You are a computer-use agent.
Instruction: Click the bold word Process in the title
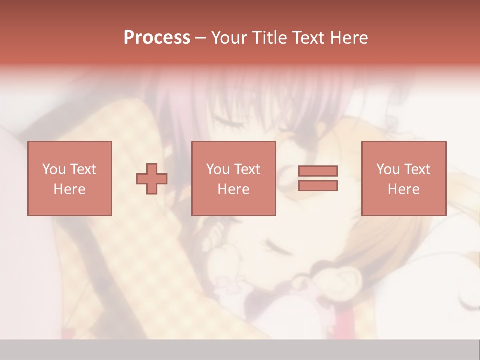tap(157, 38)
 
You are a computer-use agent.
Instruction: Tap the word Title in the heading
tap(269, 38)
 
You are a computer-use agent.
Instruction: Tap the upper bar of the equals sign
tap(318, 171)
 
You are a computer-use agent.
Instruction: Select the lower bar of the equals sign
tap(318, 186)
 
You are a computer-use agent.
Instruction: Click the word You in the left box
tap(54, 169)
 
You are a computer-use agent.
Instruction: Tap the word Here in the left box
tap(69, 189)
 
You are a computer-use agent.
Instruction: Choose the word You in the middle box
tap(218, 169)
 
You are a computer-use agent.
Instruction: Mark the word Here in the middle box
tap(233, 189)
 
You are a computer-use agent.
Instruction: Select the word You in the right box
tap(388, 169)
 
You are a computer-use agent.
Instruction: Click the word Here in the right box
tap(403, 189)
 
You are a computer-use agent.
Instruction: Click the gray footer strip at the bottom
tap(240, 350)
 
